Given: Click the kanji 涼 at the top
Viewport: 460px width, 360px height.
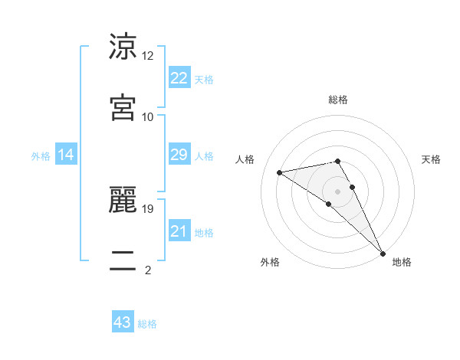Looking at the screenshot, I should (x=123, y=47).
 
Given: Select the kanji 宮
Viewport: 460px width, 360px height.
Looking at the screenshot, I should (x=123, y=106).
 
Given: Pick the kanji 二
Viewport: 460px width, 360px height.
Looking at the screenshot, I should (x=123, y=260).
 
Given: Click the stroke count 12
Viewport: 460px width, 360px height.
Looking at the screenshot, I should (x=148, y=56).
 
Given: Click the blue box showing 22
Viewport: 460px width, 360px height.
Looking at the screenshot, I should (x=179, y=78).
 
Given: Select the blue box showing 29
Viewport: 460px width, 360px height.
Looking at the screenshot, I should (x=179, y=155).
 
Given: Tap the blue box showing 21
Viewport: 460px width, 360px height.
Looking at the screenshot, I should (x=179, y=231).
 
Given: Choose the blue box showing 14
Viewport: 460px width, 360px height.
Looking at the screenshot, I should (x=66, y=155).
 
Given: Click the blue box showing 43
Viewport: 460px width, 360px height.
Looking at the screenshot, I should (x=123, y=322).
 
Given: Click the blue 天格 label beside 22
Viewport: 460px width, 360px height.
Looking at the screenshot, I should (x=204, y=80).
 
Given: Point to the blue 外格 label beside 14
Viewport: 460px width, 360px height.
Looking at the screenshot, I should (x=41, y=156).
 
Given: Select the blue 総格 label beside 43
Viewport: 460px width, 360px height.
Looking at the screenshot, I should (x=147, y=324).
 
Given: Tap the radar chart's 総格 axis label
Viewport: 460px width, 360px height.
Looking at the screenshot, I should (x=338, y=100).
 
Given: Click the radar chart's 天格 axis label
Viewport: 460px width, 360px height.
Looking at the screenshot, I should (x=431, y=159).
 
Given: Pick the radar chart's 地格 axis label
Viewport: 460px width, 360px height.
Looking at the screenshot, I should (x=402, y=262).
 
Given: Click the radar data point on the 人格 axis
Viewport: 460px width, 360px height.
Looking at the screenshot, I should (x=280, y=172).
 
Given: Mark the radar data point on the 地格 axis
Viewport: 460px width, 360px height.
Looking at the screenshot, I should (x=383, y=253).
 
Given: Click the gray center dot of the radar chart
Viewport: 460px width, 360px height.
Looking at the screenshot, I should (x=337, y=191).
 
